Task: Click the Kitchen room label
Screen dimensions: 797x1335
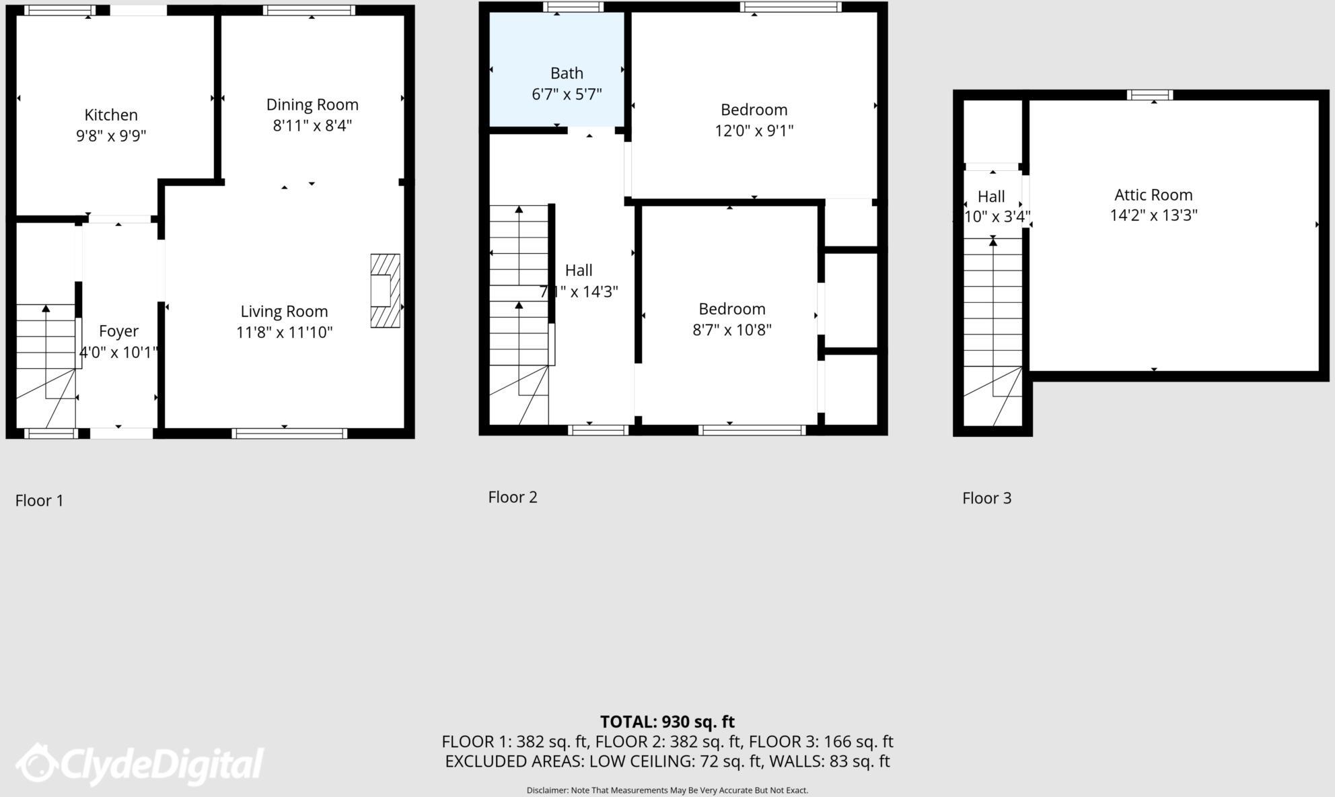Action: tap(111, 115)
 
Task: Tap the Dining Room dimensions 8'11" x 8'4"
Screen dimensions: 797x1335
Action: tap(312, 126)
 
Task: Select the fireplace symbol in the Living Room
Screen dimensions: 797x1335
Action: tap(385, 291)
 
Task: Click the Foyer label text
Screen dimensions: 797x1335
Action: tap(118, 331)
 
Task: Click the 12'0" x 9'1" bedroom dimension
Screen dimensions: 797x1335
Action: tap(754, 131)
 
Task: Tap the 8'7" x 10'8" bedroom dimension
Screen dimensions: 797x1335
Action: tap(731, 330)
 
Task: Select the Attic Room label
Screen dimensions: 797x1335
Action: tap(1153, 195)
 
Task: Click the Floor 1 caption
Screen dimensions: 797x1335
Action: tap(39, 501)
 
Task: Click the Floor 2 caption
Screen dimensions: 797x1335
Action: tap(513, 497)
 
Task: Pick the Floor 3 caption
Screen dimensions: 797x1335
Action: tap(986, 498)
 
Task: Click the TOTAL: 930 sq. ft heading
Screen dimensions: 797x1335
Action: tap(667, 722)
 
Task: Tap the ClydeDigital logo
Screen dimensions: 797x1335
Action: tap(140, 764)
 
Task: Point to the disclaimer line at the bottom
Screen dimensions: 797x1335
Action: tap(667, 790)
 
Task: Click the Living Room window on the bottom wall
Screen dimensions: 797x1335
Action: tap(289, 433)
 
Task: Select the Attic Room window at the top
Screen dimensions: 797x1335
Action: tap(1150, 95)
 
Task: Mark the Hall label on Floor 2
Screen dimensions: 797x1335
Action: tap(579, 271)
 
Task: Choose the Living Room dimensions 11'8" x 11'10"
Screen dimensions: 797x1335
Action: tap(284, 333)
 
